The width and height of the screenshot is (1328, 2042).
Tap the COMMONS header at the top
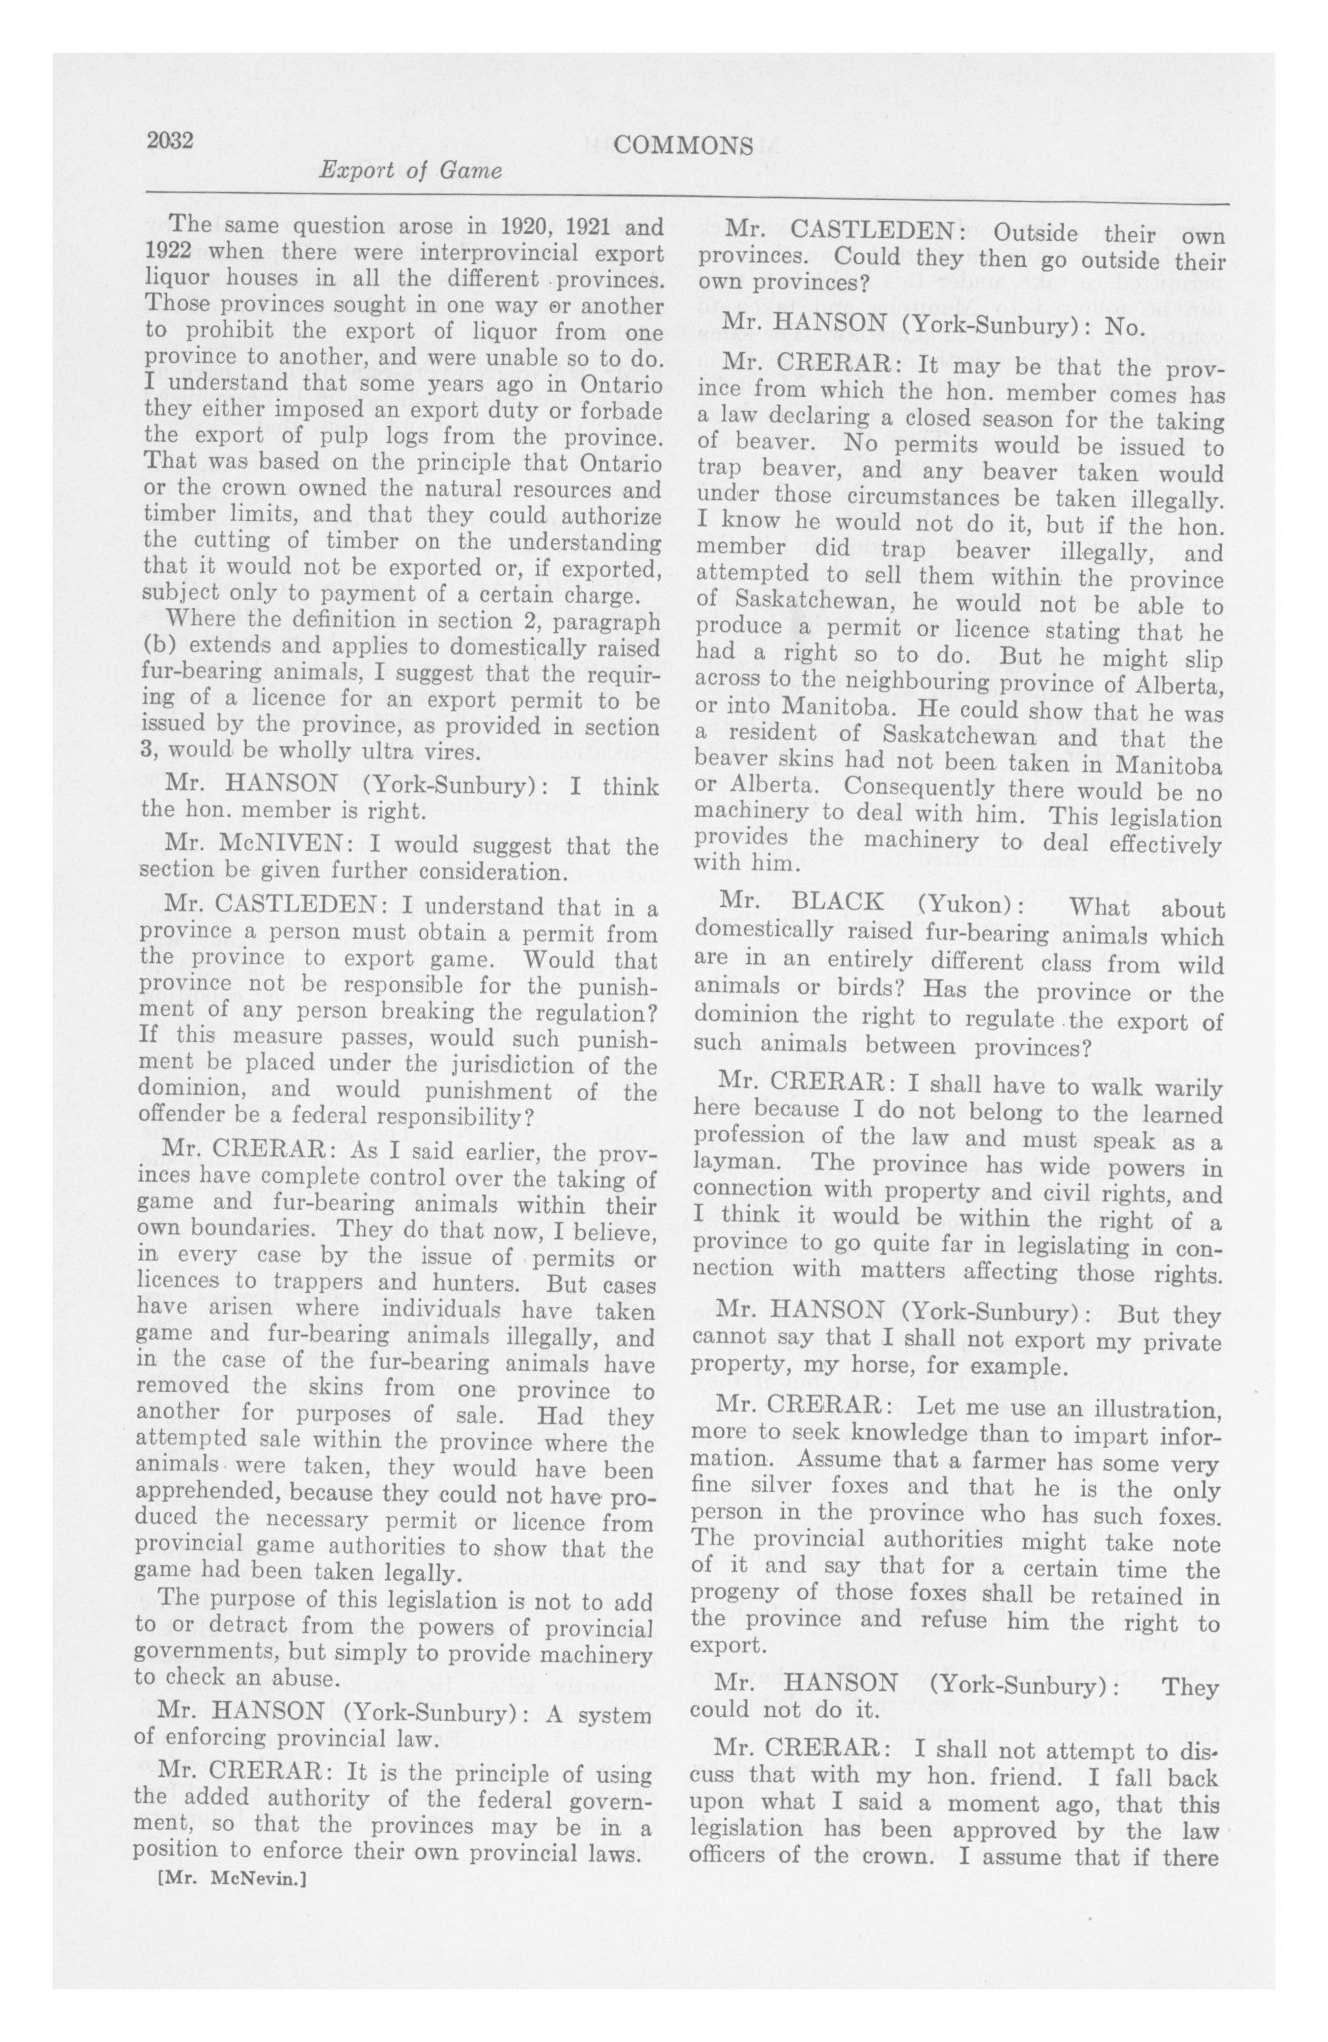point(683,146)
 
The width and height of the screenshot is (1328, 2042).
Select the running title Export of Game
point(409,171)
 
